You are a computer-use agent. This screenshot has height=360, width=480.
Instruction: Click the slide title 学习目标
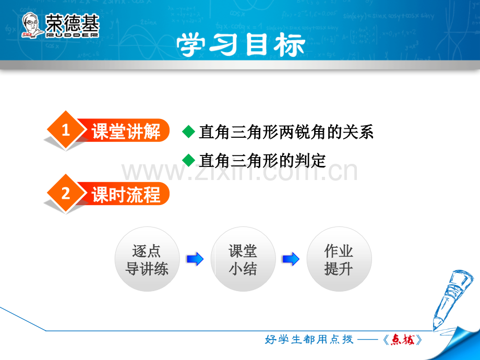click(x=241, y=45)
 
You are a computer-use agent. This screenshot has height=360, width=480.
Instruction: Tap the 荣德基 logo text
click(x=72, y=23)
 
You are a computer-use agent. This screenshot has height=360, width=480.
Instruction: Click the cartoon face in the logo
click(x=31, y=25)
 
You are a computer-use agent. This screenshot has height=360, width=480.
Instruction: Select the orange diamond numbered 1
click(x=66, y=130)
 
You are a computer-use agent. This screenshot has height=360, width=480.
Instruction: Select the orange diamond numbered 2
click(x=66, y=194)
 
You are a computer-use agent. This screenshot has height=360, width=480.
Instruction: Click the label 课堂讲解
click(x=126, y=131)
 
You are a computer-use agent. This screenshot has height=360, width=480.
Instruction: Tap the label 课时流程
click(x=126, y=195)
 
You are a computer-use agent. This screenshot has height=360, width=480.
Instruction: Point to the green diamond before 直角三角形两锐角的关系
click(x=188, y=131)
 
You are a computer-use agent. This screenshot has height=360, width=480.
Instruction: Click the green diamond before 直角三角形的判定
click(x=188, y=160)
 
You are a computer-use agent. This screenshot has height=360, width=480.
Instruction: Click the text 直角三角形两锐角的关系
click(x=286, y=132)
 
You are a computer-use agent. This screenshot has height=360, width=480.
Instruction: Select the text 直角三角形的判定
click(x=262, y=160)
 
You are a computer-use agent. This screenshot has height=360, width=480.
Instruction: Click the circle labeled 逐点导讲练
click(x=147, y=259)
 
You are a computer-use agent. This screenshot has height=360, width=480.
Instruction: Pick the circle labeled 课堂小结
click(x=243, y=259)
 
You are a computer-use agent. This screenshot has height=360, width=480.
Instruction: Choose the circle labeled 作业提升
click(x=339, y=259)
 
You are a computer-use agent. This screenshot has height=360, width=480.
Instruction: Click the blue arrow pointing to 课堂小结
click(x=195, y=259)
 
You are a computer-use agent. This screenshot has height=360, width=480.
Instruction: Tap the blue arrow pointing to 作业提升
click(x=291, y=259)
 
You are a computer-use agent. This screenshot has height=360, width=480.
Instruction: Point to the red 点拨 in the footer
click(x=403, y=340)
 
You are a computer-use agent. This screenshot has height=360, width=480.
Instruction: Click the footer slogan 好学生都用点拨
click(x=309, y=339)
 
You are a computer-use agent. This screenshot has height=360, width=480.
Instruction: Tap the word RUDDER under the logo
click(x=72, y=35)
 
